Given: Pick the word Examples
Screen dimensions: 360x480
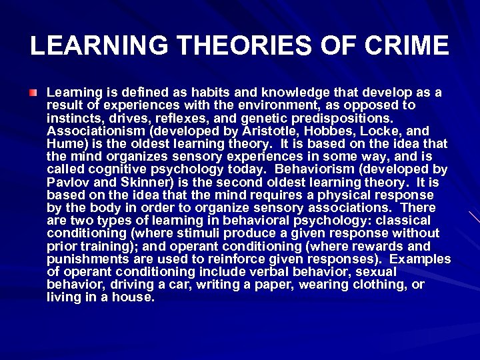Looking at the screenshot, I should coord(421,259).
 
